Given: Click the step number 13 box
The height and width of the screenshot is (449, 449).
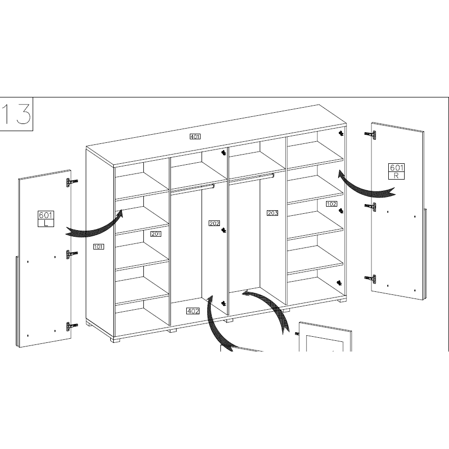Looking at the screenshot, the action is [x=16, y=114].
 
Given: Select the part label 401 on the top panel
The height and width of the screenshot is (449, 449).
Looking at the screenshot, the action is [x=195, y=137].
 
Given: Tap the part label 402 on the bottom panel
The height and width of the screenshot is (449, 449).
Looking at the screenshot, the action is [x=193, y=311].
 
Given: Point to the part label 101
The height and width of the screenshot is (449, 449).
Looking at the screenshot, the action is [x=98, y=246].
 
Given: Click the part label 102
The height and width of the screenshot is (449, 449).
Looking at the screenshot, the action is [x=331, y=204].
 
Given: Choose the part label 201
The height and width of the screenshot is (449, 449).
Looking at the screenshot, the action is [x=156, y=234].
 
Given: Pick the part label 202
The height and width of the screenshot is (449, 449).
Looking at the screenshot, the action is [x=214, y=223].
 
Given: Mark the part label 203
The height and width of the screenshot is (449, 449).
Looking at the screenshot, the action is [x=272, y=213].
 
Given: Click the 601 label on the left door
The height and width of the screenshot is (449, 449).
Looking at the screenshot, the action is [x=46, y=215].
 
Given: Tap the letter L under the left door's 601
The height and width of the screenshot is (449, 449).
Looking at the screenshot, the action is [x=46, y=223].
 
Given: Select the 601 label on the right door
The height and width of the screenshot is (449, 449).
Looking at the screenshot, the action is [x=396, y=167].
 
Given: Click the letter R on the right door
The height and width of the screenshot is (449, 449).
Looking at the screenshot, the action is [x=396, y=176].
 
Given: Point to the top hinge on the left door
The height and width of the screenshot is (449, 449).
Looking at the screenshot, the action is [x=72, y=182].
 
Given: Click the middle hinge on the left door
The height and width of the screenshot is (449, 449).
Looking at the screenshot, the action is [x=72, y=254].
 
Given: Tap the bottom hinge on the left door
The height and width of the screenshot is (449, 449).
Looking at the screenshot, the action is [x=72, y=326].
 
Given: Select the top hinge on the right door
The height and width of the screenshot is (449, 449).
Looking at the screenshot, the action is [x=370, y=135].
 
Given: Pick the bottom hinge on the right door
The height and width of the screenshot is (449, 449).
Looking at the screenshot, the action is [x=370, y=279].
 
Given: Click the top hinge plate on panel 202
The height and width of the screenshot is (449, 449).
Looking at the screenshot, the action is [x=223, y=153].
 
